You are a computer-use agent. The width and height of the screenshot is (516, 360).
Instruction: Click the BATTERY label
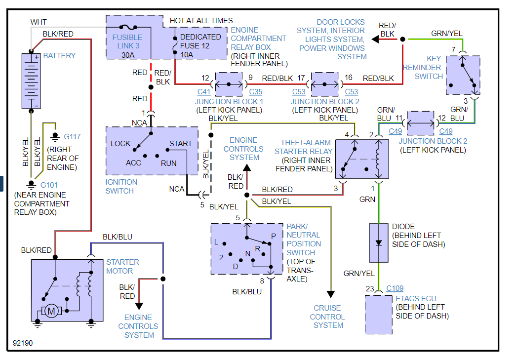59,56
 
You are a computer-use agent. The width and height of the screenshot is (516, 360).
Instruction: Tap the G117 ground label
72,137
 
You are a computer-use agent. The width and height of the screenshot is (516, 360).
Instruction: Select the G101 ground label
49,185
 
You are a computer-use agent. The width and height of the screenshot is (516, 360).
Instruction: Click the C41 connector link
204,92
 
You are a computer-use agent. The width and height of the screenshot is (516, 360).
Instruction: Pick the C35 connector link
256,92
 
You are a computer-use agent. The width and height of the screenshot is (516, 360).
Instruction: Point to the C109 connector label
395,288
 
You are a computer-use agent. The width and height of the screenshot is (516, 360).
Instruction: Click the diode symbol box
379,242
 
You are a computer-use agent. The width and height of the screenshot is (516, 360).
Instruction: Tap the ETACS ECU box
379,315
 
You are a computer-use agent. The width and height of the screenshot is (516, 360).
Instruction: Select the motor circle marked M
51,311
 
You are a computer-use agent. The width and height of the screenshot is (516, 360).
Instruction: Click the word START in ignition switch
180,144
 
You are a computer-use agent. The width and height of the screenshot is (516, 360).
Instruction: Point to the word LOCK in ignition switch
120,144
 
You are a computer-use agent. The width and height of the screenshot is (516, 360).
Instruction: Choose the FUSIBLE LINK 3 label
127,41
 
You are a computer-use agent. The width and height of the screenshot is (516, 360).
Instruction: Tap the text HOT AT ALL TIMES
201,21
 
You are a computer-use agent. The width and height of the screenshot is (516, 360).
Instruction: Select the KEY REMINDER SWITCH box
463,75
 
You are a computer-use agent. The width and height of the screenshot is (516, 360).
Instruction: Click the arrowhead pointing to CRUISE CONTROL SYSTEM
330,295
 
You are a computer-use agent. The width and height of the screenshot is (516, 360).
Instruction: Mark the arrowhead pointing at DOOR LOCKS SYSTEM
376,39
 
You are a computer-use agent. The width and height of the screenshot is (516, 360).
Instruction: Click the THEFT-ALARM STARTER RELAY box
362,159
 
